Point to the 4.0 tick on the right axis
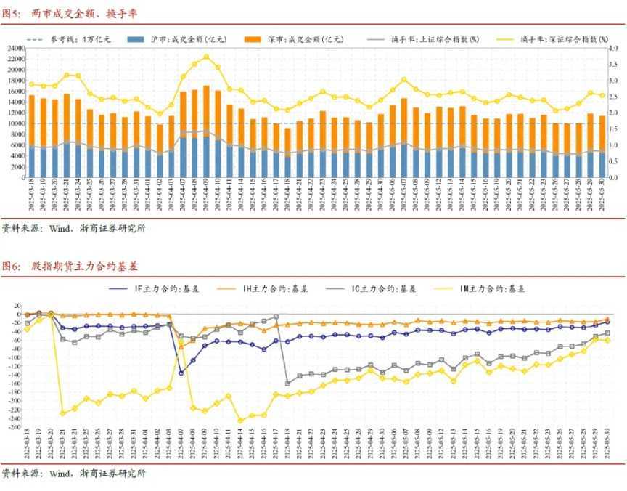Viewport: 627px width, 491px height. [x=612, y=48]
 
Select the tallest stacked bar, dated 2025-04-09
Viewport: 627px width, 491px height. [x=206, y=131]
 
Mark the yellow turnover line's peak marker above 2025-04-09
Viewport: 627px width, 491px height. [x=206, y=57]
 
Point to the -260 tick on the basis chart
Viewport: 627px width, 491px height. [x=13, y=428]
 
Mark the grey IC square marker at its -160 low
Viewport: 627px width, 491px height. [x=288, y=383]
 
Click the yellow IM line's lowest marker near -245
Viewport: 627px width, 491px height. [x=240, y=421]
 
